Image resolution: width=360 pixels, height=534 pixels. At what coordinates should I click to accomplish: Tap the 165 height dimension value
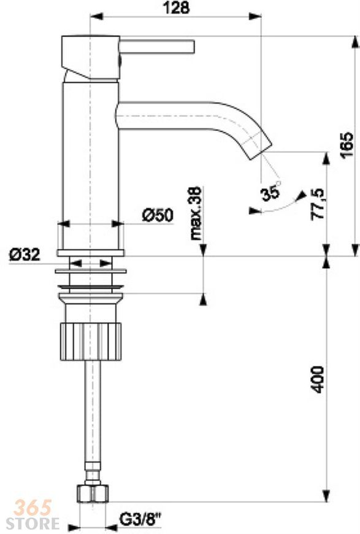[x=347, y=145]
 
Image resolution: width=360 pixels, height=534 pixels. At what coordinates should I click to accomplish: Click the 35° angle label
[x=271, y=192]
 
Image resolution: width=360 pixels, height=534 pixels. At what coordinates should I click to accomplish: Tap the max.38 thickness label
[x=196, y=214]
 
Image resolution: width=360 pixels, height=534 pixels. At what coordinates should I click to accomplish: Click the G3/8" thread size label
[x=140, y=520]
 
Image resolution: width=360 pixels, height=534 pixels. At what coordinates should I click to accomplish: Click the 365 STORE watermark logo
[x=33, y=514]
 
